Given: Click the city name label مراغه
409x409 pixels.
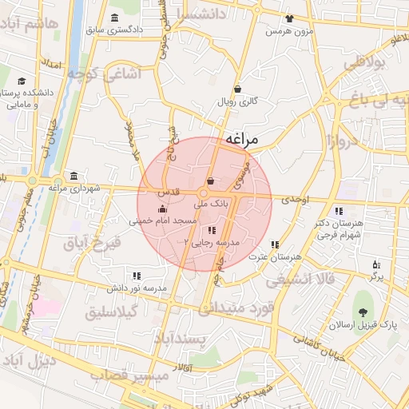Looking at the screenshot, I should pos(242,139).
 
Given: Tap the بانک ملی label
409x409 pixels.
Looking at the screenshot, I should pos(212,204).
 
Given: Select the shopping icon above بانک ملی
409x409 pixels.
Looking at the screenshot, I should pos(210,181).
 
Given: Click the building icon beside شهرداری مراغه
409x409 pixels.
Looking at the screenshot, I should pos(73,175).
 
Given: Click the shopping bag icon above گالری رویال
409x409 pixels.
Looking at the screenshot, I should pos(237,89).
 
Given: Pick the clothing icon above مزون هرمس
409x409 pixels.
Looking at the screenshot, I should pos(288,18).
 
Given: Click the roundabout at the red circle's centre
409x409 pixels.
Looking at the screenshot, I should pos(204,194).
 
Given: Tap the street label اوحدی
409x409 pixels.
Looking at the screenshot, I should pos(295,197).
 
